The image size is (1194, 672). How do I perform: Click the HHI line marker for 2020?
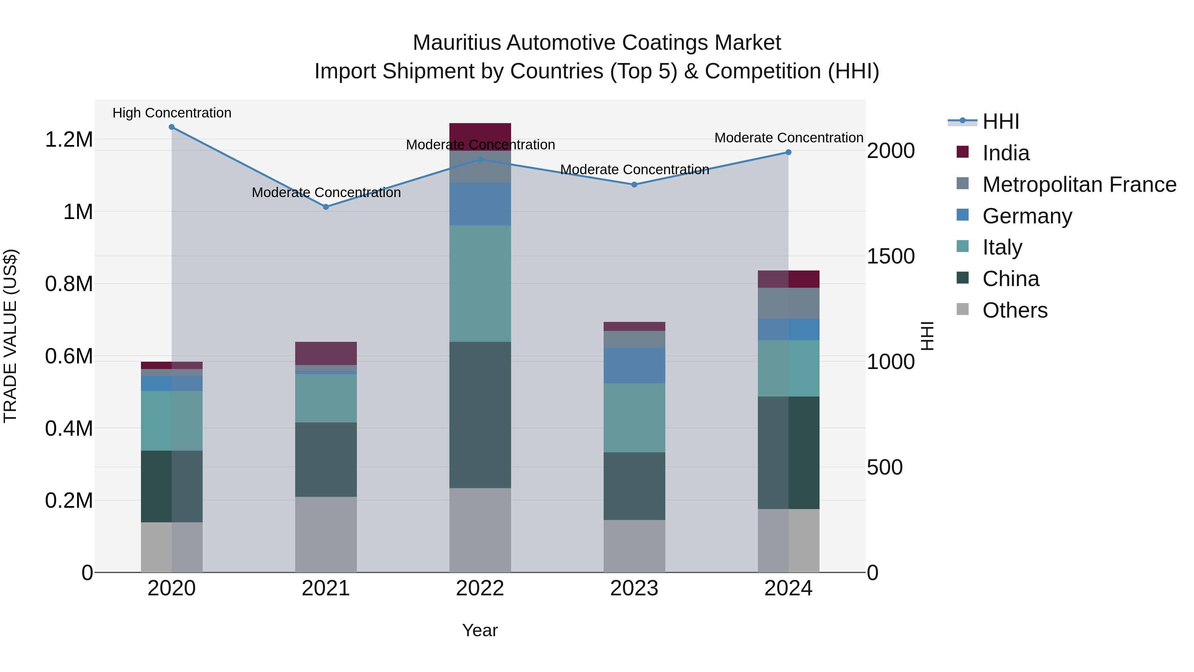coord(171,127)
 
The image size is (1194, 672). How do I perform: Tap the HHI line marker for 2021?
coord(326,207)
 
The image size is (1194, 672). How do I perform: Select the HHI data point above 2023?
coord(634,185)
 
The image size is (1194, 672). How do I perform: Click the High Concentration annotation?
coord(171,113)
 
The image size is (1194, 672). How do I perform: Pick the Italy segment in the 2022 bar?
coord(480,283)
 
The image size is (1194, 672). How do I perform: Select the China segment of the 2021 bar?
coord(326,459)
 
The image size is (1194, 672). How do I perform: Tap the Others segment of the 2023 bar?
coord(634,546)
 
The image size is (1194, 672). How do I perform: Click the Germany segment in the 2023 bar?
coord(634,365)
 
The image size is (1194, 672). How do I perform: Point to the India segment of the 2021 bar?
coord(326,353)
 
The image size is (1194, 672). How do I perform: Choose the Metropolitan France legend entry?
coord(1079,185)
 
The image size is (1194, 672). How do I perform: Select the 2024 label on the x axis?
coord(788,588)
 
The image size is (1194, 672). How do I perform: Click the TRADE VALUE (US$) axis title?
coord(11,336)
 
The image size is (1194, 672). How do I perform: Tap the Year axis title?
coord(480,630)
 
